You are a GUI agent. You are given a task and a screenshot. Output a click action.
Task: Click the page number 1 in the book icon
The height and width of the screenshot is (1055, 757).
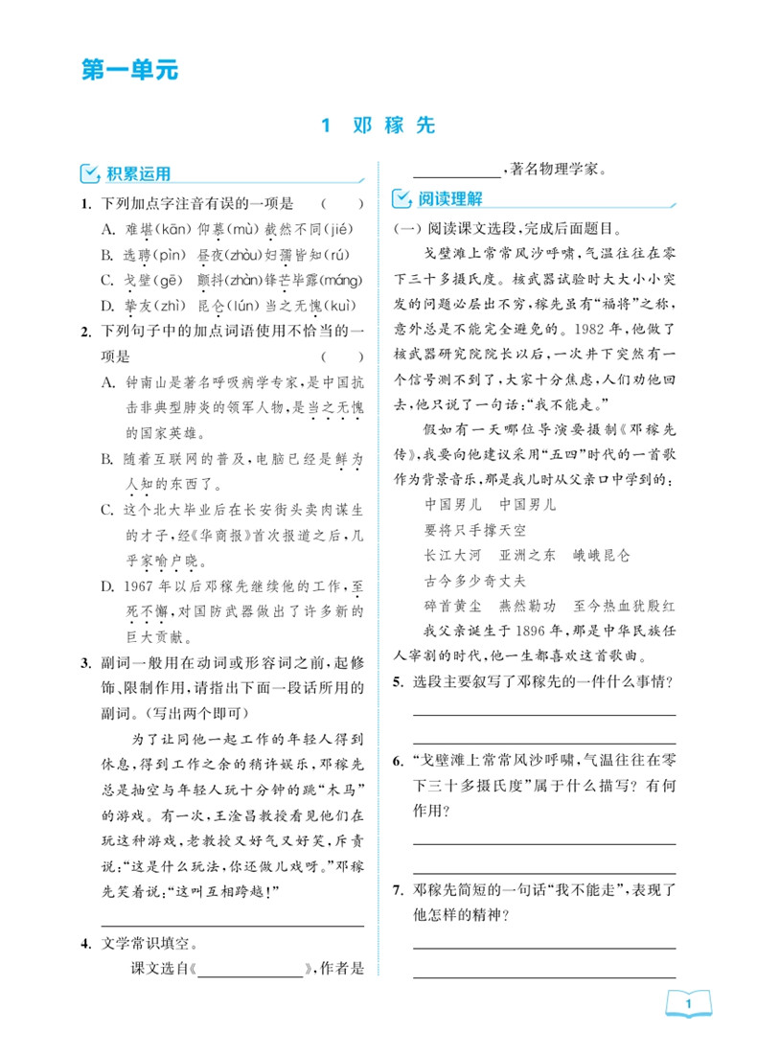pos(689,1004)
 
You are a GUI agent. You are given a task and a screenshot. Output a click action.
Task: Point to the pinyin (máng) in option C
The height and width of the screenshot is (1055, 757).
pos(341,280)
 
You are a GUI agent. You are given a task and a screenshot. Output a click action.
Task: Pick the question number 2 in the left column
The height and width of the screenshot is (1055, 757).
pos(85,332)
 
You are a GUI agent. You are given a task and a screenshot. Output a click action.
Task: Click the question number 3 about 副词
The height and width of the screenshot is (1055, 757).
pos(85,662)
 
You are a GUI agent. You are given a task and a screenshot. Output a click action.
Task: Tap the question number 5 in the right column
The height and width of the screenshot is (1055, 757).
pos(398,682)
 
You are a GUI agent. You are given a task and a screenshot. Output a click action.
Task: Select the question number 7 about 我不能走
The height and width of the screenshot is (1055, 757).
pos(398,890)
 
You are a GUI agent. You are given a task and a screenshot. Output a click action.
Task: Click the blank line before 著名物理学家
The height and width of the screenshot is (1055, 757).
pos(456,171)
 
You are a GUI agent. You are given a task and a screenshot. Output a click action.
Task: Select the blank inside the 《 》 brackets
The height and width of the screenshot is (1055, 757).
pos(251,969)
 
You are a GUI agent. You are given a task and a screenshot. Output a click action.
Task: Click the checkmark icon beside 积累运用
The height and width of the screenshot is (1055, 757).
pos(90,173)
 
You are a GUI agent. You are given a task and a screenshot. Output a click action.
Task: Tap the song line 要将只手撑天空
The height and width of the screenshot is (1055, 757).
pos(475,529)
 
